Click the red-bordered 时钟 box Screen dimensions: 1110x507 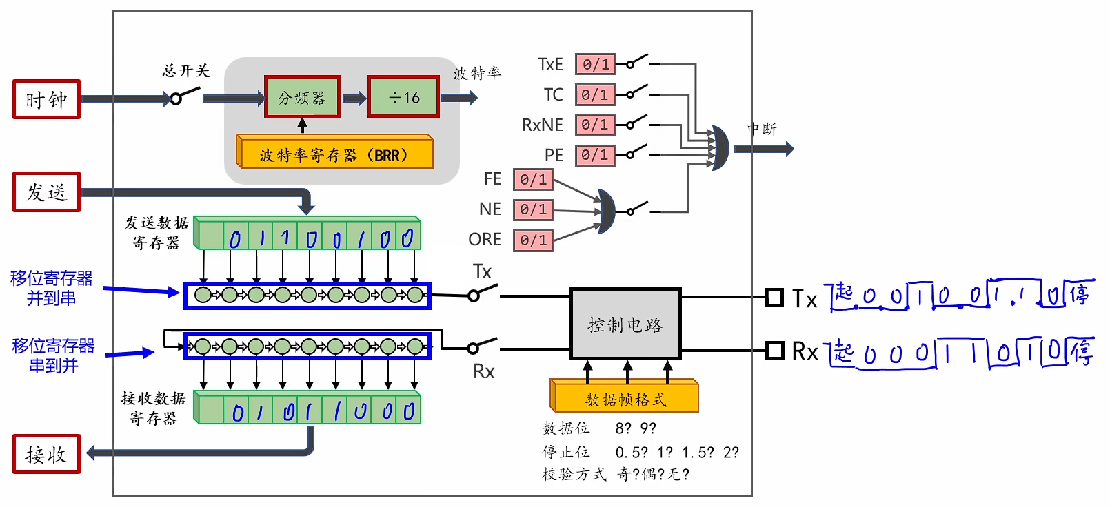[47, 99]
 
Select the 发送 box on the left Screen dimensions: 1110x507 [47, 192]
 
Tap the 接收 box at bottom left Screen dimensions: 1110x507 [47, 454]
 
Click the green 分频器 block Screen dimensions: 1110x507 [302, 96]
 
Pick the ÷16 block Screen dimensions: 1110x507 [404, 96]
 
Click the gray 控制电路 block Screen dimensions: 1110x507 [625, 324]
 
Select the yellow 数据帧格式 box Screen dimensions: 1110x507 [625, 396]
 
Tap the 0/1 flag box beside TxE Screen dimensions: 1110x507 [596, 64]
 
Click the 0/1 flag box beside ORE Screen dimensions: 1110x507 [533, 240]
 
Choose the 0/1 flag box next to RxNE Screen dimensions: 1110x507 [596, 125]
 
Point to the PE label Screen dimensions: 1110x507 [554, 156]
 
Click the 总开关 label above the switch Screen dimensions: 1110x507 [186, 71]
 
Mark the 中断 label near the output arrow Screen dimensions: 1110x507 [762, 129]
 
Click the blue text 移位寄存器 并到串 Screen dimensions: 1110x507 [52, 288]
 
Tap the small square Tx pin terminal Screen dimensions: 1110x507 [774, 298]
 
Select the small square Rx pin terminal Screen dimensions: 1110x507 [774, 351]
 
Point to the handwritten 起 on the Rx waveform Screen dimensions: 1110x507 [843, 352]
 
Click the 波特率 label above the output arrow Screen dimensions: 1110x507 [477, 73]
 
